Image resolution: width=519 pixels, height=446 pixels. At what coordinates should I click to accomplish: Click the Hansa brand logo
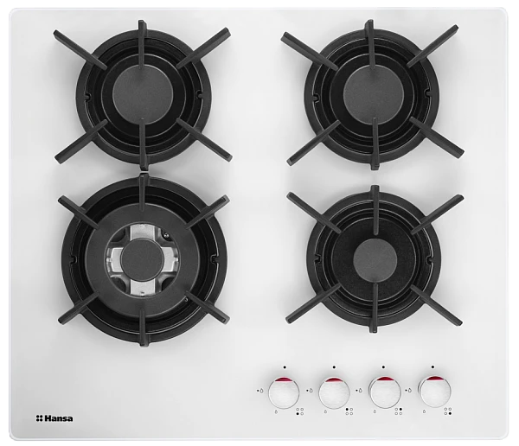pyautogui.click(x=54, y=418)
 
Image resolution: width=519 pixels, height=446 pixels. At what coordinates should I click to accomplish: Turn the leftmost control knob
pyautogui.click(x=284, y=392)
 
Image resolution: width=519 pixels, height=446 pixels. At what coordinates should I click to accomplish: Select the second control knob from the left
pyautogui.click(x=334, y=392)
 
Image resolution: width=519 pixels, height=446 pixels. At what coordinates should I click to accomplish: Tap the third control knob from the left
pyautogui.click(x=384, y=392)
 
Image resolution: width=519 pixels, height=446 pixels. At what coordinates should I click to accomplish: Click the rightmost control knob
pyautogui.click(x=434, y=392)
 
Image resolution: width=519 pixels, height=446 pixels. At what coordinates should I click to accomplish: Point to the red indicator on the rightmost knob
pyautogui.click(x=434, y=379)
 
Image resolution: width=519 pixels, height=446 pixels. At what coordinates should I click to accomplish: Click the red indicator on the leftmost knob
pyautogui.click(x=284, y=379)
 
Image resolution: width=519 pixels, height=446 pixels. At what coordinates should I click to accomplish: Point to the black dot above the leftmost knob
pyautogui.click(x=285, y=367)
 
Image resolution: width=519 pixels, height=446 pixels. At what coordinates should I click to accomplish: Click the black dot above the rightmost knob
pyautogui.click(x=432, y=367)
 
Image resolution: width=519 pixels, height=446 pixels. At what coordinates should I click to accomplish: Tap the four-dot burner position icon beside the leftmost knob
pyautogui.click(x=299, y=411)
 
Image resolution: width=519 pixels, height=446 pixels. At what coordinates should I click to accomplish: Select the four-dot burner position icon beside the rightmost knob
pyautogui.click(x=448, y=411)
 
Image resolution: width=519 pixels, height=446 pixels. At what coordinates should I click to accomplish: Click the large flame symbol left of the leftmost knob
pyautogui.click(x=262, y=391)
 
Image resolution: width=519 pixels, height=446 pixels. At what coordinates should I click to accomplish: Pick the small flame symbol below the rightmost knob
pyautogui.click(x=425, y=412)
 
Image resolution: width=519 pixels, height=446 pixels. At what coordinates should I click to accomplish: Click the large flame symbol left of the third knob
pyautogui.click(x=361, y=391)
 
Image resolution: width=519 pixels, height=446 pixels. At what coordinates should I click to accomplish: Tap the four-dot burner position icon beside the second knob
pyautogui.click(x=349, y=411)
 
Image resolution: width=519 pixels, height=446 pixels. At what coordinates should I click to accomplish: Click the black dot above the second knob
pyautogui.click(x=334, y=367)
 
